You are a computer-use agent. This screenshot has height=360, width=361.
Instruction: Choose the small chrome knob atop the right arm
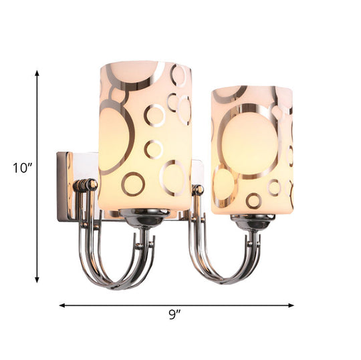(198, 190)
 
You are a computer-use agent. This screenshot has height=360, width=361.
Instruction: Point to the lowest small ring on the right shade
(253, 200)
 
